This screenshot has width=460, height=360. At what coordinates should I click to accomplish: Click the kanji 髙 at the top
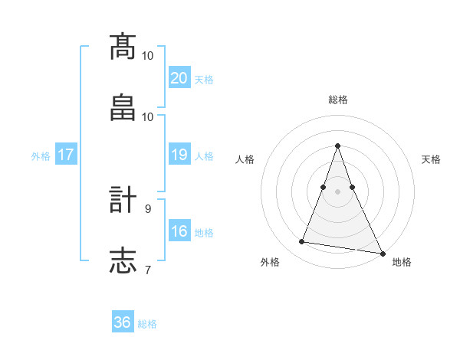click(x=123, y=47)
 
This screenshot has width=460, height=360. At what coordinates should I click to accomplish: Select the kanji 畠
click(x=123, y=106)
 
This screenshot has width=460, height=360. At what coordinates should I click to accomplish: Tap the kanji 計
click(x=123, y=200)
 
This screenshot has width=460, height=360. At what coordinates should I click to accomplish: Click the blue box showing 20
click(x=179, y=78)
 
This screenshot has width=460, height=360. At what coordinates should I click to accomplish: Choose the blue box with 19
click(x=179, y=155)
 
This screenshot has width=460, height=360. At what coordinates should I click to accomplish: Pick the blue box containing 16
click(x=179, y=231)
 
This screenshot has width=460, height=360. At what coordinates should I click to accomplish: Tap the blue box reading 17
click(x=65, y=155)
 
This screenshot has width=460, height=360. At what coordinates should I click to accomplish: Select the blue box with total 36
click(x=123, y=322)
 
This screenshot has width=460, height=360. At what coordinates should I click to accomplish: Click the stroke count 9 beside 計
click(x=148, y=208)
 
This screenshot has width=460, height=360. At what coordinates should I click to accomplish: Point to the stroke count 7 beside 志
click(x=148, y=269)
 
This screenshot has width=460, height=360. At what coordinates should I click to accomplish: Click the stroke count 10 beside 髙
click(x=148, y=55)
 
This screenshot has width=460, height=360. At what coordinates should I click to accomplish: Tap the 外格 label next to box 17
click(x=41, y=155)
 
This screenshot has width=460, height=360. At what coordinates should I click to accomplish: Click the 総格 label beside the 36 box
click(x=147, y=323)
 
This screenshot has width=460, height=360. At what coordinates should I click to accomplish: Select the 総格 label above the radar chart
click(x=337, y=100)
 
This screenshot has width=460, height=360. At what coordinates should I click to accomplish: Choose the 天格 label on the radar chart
click(x=431, y=159)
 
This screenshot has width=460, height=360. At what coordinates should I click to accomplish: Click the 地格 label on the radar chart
click(x=402, y=262)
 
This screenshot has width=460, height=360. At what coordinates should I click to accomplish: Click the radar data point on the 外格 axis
click(x=302, y=242)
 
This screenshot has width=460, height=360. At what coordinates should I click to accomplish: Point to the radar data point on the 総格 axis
click(x=337, y=146)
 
